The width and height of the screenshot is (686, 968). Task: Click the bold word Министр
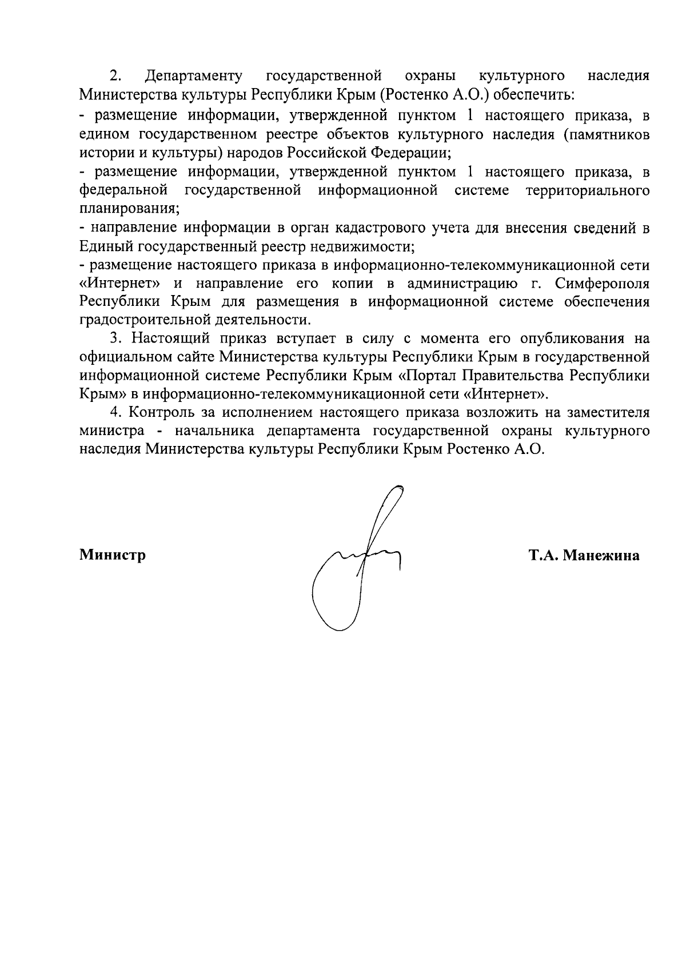(113, 555)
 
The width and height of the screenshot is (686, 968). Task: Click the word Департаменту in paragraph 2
(194, 76)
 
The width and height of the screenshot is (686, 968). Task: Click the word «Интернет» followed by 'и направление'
(119, 284)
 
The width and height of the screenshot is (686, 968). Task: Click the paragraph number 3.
(116, 338)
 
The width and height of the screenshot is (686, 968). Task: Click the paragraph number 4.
(116, 412)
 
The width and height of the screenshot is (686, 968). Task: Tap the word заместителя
(608, 412)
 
